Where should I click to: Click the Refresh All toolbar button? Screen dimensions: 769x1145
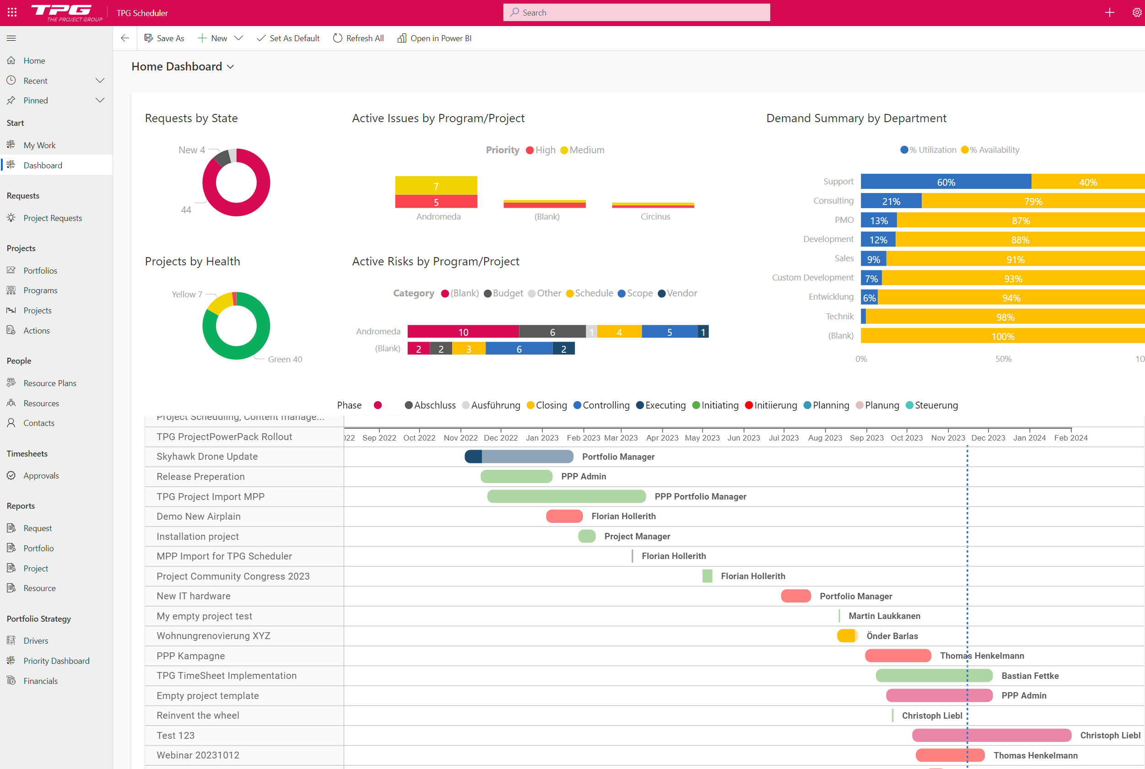[358, 38]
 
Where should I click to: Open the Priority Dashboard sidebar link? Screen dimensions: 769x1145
[56, 661]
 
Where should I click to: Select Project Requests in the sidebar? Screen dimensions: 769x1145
[53, 218]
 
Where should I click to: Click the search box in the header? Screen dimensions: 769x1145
[636, 13]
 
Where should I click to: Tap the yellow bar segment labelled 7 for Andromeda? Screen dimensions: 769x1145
[436, 185]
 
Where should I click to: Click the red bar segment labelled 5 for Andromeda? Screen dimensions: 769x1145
[436, 202]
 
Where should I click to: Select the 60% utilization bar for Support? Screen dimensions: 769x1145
[945, 182]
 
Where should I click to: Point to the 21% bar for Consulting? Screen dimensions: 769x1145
[891, 201]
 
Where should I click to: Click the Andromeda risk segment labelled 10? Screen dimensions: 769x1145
[463, 332]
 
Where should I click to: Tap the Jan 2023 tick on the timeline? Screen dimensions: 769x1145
[541, 437]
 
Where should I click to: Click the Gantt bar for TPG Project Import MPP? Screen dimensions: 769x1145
[566, 496]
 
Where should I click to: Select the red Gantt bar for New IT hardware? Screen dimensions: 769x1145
[795, 596]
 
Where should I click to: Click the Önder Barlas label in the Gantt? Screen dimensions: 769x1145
[891, 635]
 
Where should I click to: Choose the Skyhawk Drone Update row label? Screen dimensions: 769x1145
[206, 456]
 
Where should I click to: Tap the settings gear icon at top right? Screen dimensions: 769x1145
[1136, 13]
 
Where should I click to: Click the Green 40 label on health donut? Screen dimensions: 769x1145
[285, 359]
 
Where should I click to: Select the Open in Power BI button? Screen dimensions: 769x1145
[434, 38]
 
